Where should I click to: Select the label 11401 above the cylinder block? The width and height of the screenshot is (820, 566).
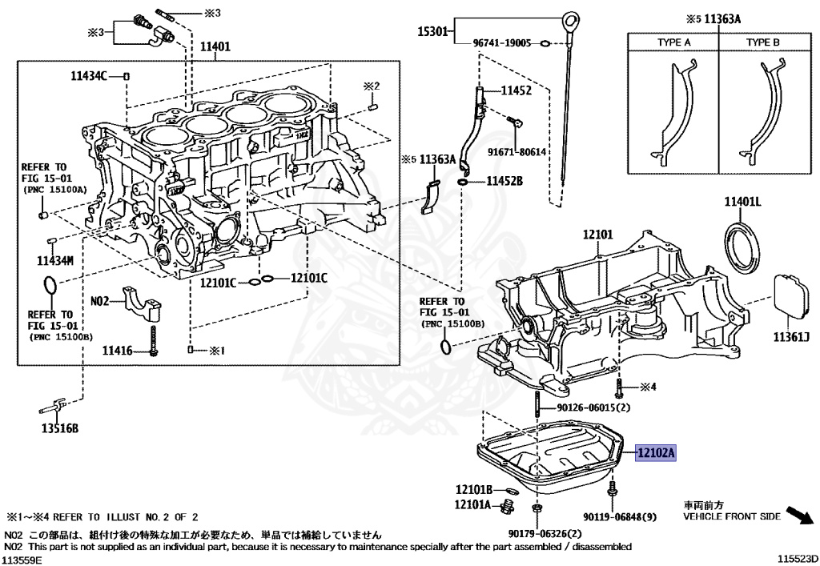pyautogui.click(x=215, y=47)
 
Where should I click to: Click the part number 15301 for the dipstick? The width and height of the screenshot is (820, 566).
pyautogui.click(x=435, y=32)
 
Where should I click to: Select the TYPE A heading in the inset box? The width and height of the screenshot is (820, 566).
pyautogui.click(x=673, y=42)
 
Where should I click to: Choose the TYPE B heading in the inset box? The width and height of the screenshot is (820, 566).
pyautogui.click(x=762, y=42)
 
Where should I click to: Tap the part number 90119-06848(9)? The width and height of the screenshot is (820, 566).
pyautogui.click(x=620, y=518)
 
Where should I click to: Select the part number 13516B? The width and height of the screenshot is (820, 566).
pyautogui.click(x=60, y=429)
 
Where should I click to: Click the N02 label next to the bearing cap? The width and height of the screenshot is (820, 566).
pyautogui.click(x=99, y=301)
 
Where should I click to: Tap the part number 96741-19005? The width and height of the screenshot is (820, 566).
pyautogui.click(x=501, y=43)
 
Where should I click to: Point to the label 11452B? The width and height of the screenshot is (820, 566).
pyautogui.click(x=504, y=183)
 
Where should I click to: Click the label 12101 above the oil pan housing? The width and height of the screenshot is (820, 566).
pyautogui.click(x=597, y=235)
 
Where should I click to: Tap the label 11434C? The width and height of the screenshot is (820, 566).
pyautogui.click(x=89, y=75)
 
